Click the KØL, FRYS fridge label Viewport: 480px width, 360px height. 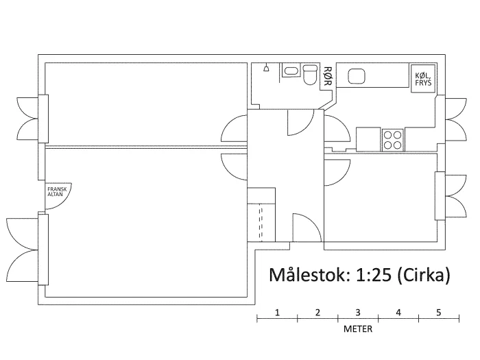point(423,79)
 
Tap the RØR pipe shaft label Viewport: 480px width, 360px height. point(328,76)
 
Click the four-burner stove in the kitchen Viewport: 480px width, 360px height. point(392,140)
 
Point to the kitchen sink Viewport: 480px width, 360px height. point(357,76)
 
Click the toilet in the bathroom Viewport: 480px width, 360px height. point(311,74)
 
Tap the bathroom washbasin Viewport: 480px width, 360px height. point(291,71)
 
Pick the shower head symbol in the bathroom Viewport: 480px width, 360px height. point(266,68)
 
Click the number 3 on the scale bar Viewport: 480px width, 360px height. point(358,313)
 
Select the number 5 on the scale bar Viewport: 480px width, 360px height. point(439,313)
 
